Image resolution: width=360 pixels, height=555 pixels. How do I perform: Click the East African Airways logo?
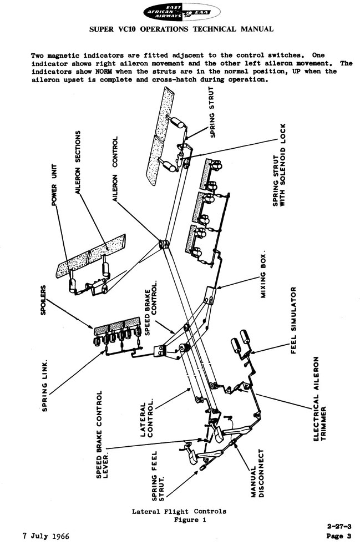click(x=181, y=13)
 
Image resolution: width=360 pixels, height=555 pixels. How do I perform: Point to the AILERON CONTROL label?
click(x=115, y=169)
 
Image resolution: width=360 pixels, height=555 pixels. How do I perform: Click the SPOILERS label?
click(x=43, y=300)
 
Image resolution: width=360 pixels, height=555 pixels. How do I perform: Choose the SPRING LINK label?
click(x=45, y=386)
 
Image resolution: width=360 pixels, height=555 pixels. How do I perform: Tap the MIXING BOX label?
click(x=263, y=275)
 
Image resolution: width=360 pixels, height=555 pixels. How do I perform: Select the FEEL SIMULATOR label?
click(x=293, y=320)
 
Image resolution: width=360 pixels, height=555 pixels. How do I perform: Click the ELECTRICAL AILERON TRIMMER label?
click(x=321, y=398)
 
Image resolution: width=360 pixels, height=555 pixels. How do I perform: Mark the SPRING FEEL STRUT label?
click(x=158, y=476)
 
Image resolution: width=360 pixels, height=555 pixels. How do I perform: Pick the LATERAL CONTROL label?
click(x=147, y=418)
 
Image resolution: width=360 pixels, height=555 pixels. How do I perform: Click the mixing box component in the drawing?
click(x=210, y=295)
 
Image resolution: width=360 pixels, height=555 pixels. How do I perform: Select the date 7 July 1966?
click(x=46, y=536)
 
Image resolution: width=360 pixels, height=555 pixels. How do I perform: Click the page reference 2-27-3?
click(x=339, y=526)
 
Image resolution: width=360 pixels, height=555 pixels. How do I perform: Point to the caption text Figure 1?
click(x=190, y=519)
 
